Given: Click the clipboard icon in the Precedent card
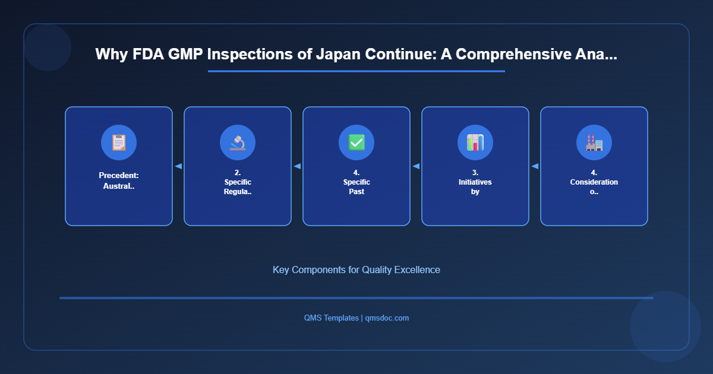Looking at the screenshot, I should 119,142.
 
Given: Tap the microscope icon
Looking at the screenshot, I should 238,142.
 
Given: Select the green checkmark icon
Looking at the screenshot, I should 356,142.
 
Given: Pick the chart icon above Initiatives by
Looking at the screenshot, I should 475,142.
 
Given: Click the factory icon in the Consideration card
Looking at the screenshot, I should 594,142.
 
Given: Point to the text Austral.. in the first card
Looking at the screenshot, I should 119,186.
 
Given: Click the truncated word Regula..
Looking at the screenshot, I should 238,191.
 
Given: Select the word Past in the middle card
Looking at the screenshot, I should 356,191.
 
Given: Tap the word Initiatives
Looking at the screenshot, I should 475,182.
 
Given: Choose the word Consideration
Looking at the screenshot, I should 594,182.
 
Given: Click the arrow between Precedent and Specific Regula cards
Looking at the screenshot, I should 178,166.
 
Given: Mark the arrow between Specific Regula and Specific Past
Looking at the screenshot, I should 297,166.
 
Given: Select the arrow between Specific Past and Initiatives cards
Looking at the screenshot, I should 416,166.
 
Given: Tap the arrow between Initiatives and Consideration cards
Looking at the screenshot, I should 535,166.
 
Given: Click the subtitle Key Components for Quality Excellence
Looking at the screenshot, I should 356,270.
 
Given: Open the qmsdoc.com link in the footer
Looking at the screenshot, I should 387,318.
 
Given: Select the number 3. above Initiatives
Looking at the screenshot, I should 475,173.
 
